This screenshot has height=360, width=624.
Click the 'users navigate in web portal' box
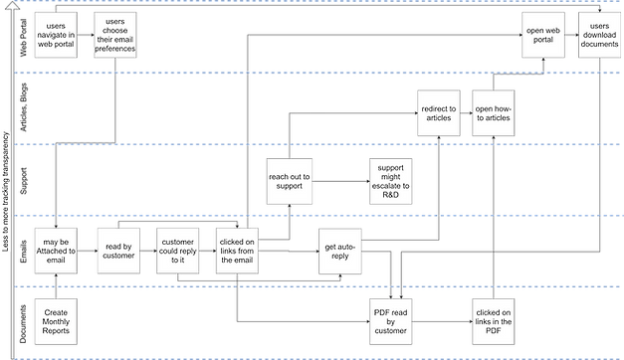(56, 37)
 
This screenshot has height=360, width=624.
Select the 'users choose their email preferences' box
(115, 37)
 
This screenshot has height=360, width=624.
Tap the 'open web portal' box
(541, 37)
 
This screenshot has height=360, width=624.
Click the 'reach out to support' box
(290, 180)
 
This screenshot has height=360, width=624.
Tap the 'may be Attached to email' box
(56, 248)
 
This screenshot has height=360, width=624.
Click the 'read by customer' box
(115, 248)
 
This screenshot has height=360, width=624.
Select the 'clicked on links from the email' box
(236, 248)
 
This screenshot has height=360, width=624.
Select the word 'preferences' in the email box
(115, 49)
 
